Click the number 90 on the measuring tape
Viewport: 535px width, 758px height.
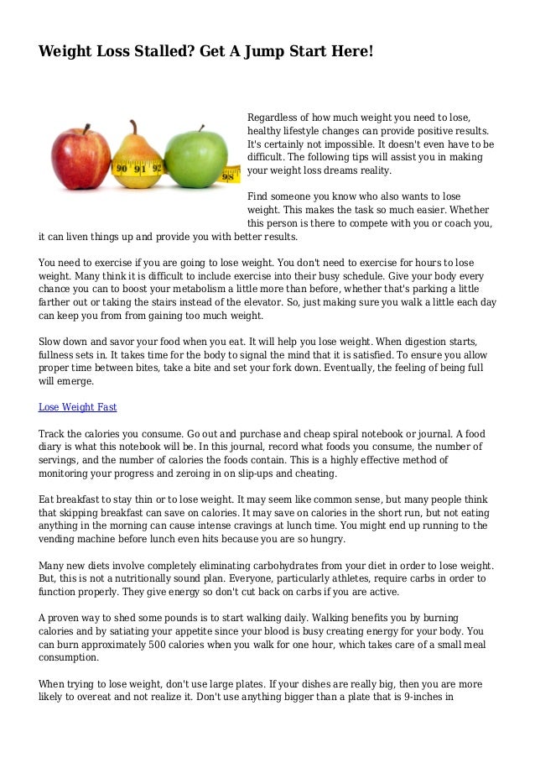point(120,169)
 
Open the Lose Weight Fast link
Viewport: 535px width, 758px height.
point(77,407)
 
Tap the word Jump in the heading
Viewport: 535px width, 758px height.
point(273,51)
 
